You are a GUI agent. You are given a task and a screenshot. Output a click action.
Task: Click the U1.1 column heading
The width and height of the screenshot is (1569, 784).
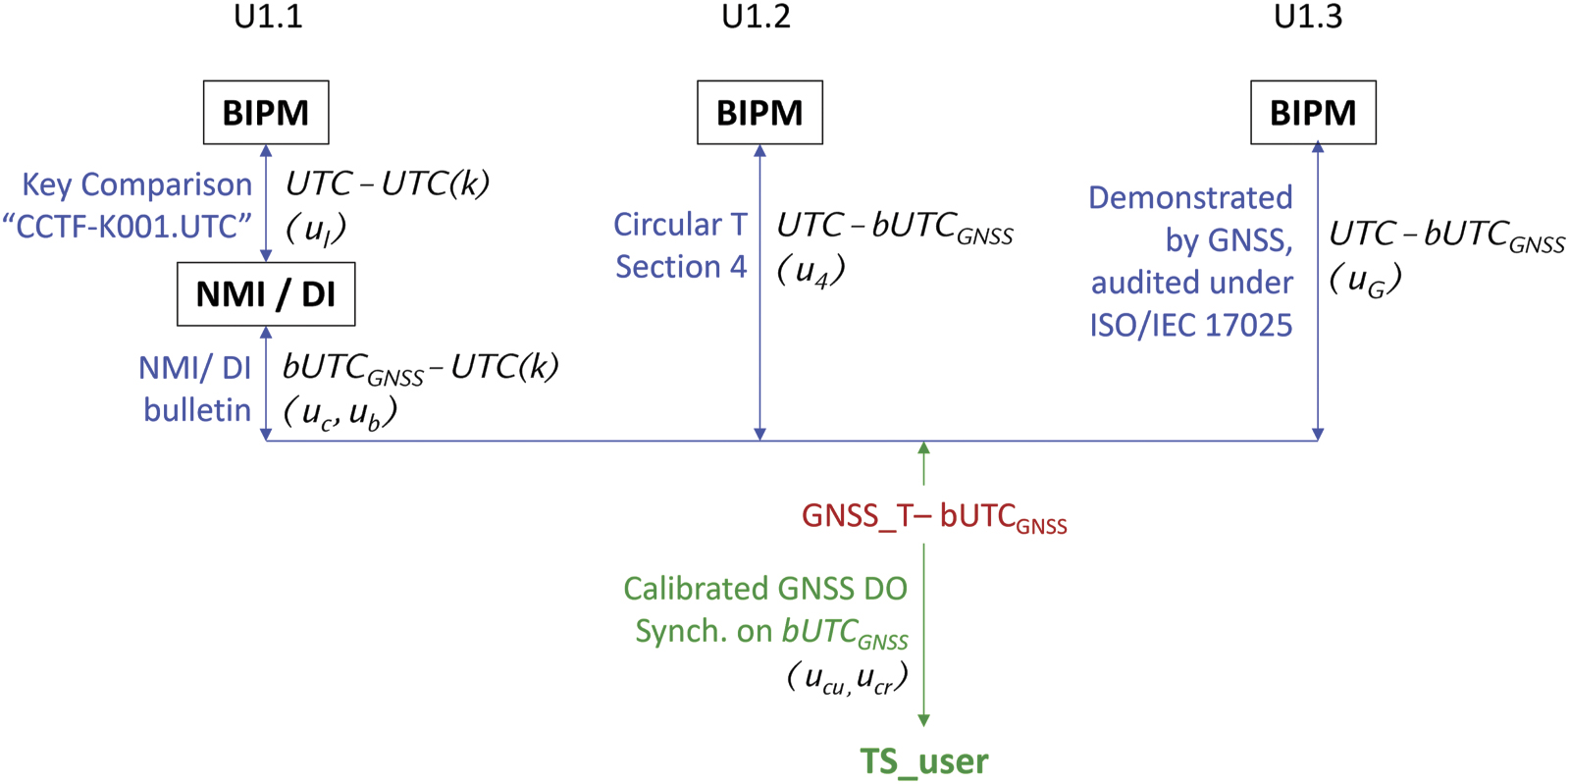point(268,17)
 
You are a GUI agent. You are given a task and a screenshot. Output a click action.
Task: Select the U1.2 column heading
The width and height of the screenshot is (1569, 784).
point(756,17)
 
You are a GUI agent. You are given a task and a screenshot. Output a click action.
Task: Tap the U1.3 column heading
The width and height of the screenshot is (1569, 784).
point(1308,17)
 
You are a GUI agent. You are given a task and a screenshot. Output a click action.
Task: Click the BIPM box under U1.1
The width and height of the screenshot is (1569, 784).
point(266,113)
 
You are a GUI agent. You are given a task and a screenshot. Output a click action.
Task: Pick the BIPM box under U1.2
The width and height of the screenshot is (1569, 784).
point(759,113)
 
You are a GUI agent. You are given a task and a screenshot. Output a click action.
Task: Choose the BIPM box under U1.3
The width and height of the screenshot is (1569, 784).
point(1313,113)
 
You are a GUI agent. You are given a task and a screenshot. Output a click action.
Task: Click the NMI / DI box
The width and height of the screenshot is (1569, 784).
point(266,294)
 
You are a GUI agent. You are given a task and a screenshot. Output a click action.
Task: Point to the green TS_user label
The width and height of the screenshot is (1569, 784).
point(924,761)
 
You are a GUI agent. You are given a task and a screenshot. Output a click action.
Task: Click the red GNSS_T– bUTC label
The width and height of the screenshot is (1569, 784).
point(933,517)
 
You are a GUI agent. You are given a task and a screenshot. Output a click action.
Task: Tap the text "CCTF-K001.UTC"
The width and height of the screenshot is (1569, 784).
point(128,227)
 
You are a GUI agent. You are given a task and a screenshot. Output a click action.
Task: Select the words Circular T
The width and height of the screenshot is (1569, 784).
point(680,225)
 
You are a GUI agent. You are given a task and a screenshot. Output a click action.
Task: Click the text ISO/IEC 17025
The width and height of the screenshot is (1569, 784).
point(1190,326)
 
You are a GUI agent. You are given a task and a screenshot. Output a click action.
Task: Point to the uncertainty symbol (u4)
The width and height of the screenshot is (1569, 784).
point(811,270)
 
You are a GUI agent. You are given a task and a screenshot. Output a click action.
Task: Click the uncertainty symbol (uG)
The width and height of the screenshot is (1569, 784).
point(1365,281)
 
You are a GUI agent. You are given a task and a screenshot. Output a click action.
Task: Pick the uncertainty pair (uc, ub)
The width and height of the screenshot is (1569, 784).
point(340,413)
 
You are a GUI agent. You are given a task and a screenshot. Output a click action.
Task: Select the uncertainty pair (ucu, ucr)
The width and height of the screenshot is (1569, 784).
point(847,678)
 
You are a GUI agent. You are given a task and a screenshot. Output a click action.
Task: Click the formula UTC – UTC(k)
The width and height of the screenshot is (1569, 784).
point(388,183)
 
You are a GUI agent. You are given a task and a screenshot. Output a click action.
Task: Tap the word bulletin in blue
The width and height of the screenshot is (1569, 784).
point(197,410)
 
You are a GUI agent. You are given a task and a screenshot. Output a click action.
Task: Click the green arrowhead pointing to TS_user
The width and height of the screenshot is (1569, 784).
point(923,720)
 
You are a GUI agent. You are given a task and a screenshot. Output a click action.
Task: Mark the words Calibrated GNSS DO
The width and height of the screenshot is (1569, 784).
point(765,589)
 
